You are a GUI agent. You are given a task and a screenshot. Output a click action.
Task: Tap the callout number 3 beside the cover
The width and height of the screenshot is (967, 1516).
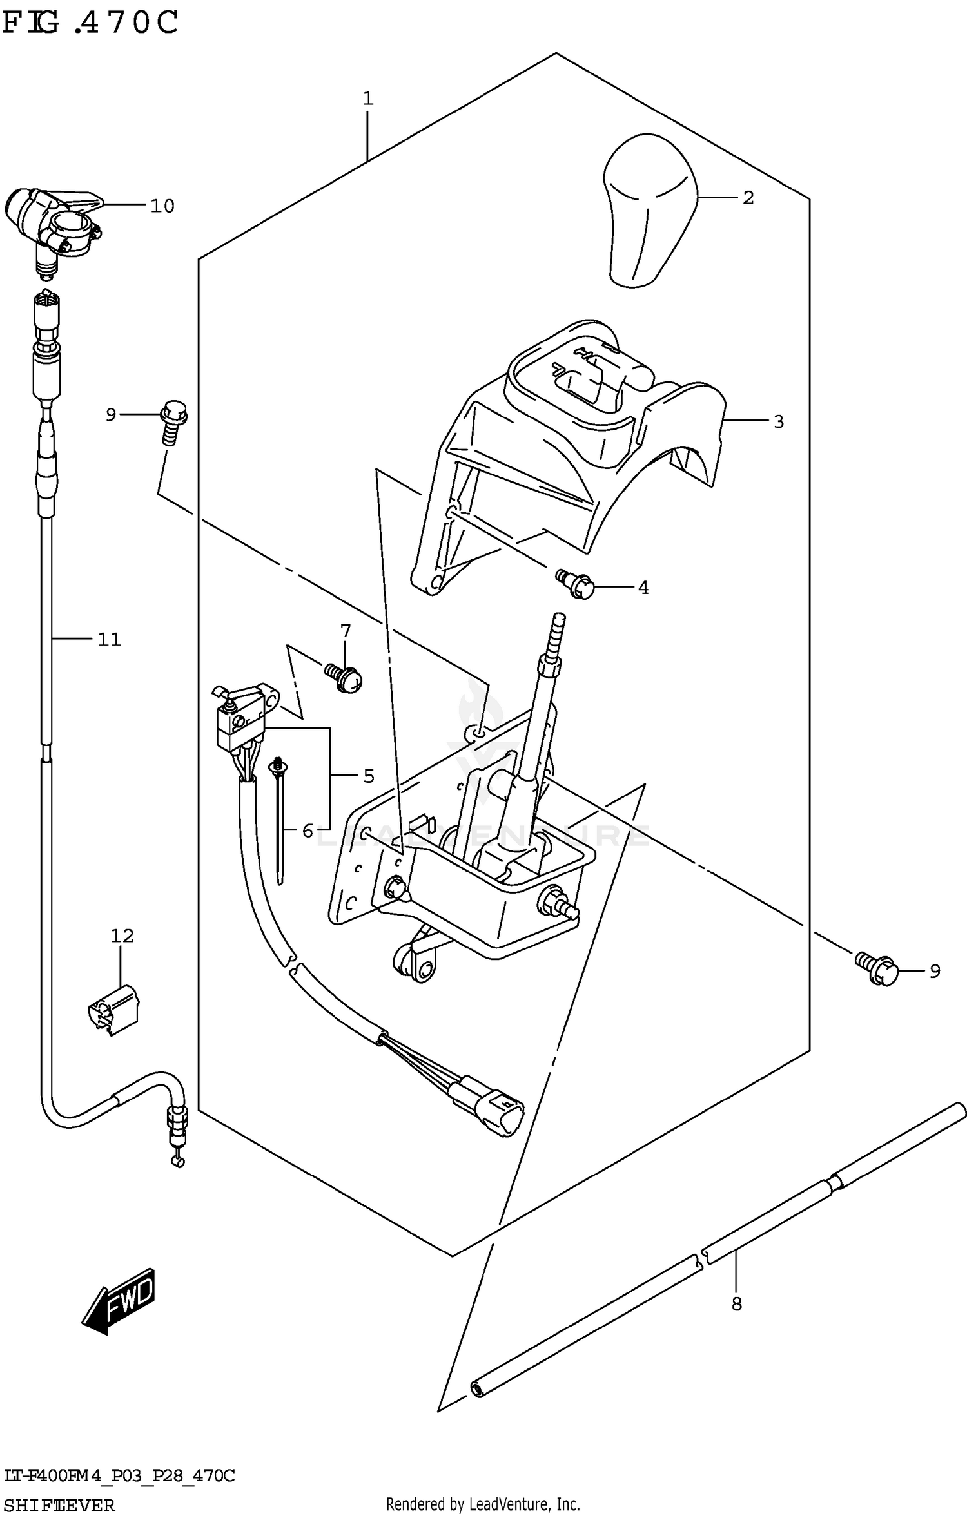click(x=778, y=422)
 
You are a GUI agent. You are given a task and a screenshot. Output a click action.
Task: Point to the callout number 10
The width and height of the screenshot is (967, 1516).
click(x=162, y=206)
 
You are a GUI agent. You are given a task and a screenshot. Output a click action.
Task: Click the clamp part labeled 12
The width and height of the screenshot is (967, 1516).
click(x=114, y=1011)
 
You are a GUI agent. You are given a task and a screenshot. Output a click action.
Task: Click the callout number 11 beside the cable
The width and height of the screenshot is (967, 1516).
click(x=109, y=639)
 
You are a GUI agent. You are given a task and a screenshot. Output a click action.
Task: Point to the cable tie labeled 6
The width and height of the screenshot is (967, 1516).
click(x=281, y=818)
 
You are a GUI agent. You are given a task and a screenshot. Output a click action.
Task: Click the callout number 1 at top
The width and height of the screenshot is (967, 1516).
click(x=367, y=99)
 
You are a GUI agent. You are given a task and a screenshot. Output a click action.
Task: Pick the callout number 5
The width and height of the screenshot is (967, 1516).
click(x=368, y=776)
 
